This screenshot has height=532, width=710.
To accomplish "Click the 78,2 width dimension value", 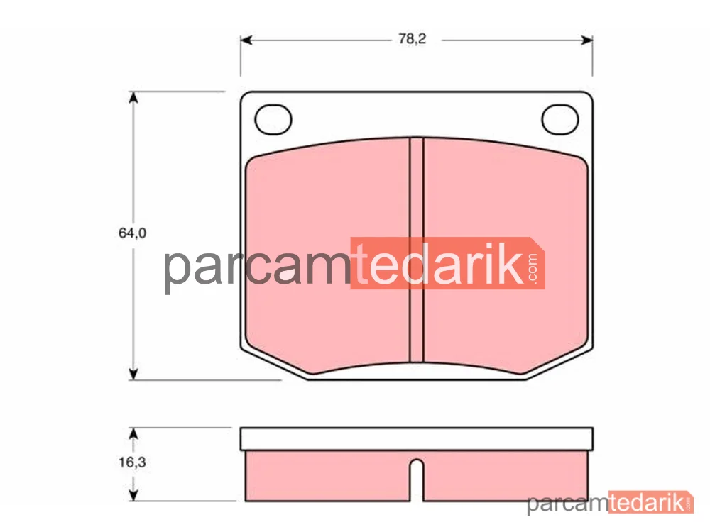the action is [412, 39].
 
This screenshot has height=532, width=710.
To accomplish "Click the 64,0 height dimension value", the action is [132, 233].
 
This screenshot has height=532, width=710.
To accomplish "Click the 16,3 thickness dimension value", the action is [132, 462].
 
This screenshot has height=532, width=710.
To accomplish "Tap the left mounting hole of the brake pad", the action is [273, 119].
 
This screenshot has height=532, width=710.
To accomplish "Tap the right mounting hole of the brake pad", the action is [560, 119].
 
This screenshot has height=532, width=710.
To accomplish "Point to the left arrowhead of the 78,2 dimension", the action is [246, 40].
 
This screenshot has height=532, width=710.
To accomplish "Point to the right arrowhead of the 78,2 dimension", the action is [587, 40].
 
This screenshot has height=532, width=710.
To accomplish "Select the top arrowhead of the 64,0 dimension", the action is [133, 98].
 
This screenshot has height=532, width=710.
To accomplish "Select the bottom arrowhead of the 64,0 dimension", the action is [133, 374].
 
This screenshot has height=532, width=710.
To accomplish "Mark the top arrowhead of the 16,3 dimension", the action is [133, 433].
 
